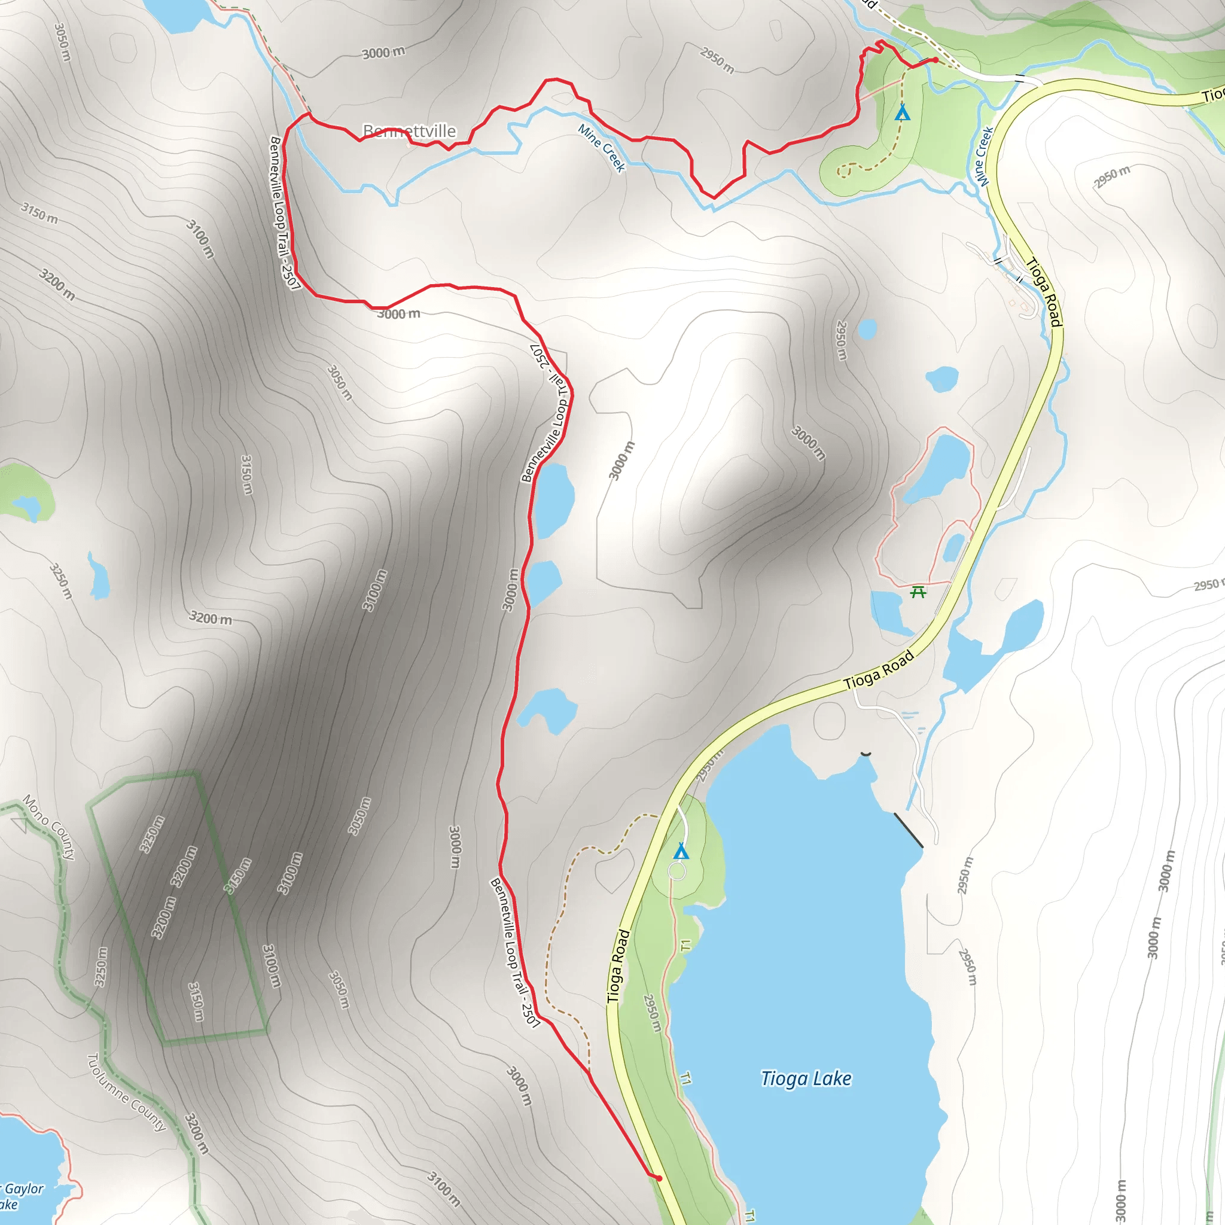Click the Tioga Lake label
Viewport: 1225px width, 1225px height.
806,1078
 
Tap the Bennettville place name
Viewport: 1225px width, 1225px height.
409,131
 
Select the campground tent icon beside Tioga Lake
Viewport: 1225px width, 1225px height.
681,851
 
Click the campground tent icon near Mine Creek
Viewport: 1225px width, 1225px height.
902,113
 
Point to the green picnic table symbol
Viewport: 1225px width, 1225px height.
918,592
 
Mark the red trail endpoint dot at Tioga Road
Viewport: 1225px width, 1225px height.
659,1178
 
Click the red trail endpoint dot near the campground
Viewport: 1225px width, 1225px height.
935,60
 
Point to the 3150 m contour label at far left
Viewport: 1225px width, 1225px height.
39,214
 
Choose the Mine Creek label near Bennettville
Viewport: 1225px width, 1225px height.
602,148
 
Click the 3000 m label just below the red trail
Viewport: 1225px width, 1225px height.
399,313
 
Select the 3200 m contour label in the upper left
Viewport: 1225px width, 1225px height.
57,285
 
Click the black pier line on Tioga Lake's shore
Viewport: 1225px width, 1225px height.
908,830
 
